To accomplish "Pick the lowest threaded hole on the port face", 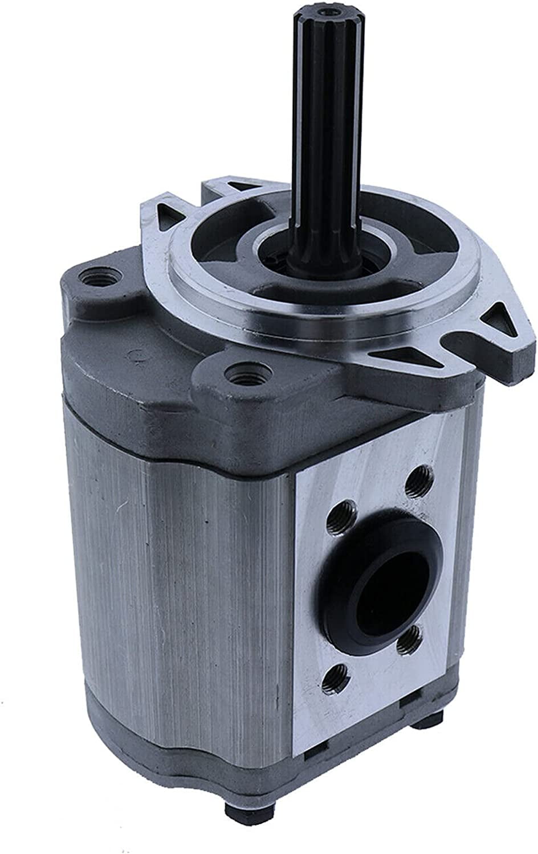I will [x=335, y=677].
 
